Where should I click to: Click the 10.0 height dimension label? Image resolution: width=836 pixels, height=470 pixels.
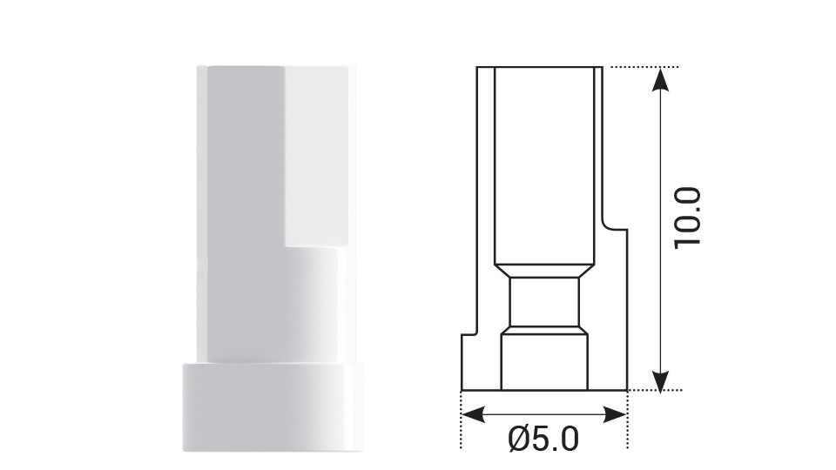[689, 217]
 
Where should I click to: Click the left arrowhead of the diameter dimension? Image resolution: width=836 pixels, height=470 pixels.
[470, 414]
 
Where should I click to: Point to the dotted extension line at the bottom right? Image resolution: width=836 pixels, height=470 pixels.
[653, 391]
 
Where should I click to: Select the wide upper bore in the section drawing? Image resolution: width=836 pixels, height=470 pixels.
[545, 165]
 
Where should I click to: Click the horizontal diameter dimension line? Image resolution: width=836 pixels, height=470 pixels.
[543, 414]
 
